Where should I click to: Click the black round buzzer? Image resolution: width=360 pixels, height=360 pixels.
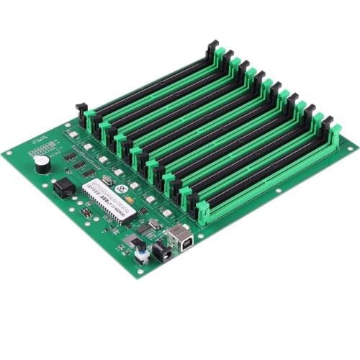pyautogui.click(x=42, y=163)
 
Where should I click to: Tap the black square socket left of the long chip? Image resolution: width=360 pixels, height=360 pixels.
pyautogui.click(x=64, y=188)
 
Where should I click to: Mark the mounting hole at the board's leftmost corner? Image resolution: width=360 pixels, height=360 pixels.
pyautogui.click(x=9, y=153)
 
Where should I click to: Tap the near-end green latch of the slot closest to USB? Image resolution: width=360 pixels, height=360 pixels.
pyautogui.click(x=203, y=212)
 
